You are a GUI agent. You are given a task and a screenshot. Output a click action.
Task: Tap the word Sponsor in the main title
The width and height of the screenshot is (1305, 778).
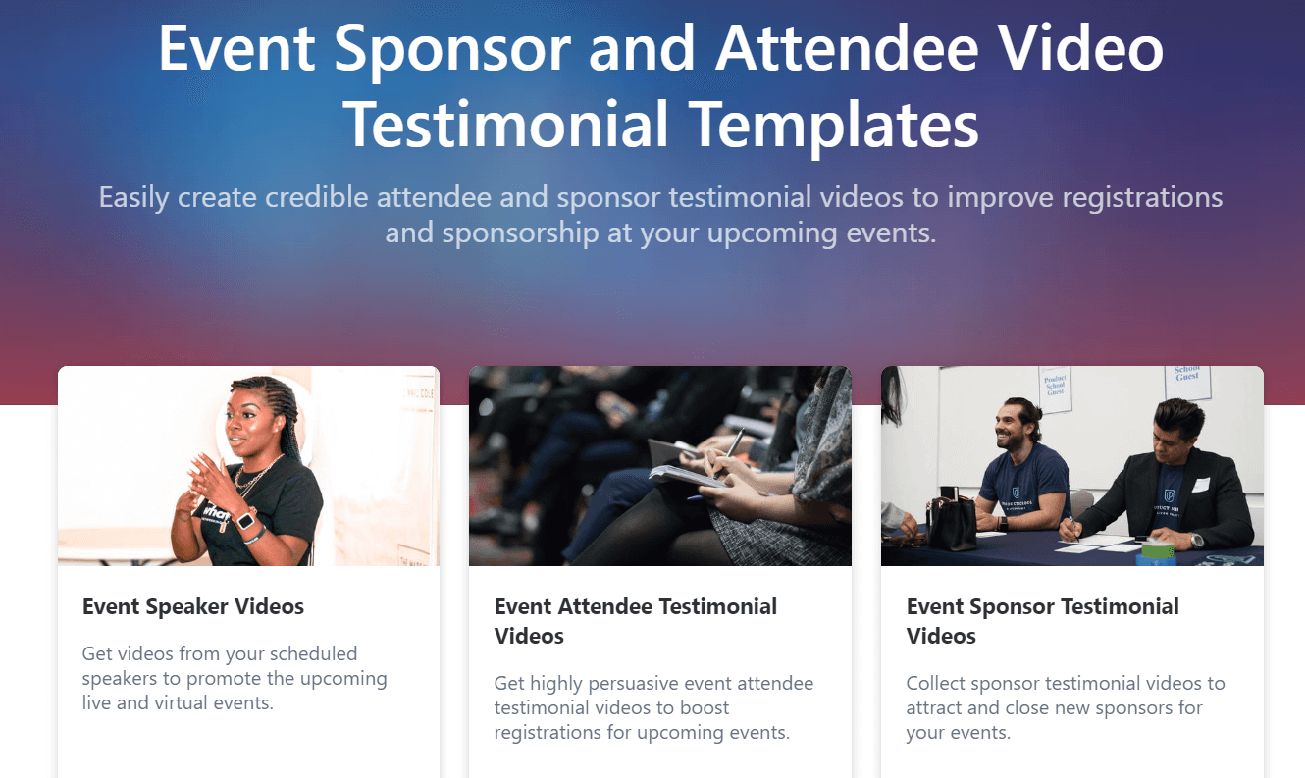click(449, 48)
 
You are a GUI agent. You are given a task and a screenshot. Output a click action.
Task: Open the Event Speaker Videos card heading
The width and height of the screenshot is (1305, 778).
click(193, 606)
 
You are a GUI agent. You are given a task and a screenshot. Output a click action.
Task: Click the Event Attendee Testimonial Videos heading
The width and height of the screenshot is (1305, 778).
click(635, 620)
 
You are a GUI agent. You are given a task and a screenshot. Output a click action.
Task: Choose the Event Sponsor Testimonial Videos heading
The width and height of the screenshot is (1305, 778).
click(1042, 620)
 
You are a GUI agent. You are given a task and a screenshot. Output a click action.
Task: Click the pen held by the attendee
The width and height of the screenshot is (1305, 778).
click(730, 452)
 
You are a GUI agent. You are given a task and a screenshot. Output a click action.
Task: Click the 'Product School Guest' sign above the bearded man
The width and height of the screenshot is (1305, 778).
click(1055, 389)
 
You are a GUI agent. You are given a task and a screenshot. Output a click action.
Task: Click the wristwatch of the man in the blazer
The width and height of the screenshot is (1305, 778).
click(1196, 540)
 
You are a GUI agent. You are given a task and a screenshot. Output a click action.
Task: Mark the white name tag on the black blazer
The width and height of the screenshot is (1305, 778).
click(1201, 485)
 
